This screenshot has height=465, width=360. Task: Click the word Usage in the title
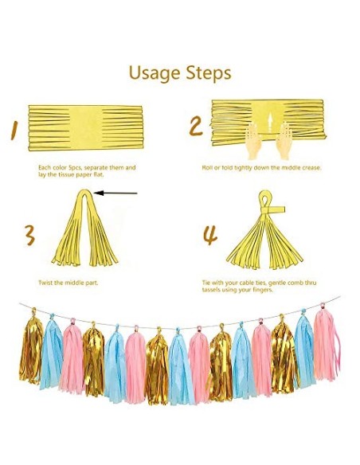(155, 73)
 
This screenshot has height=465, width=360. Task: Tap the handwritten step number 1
(14, 131)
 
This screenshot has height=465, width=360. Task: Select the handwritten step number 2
(196, 127)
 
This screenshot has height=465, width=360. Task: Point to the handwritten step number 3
(29, 235)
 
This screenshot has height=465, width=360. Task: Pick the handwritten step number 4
(210, 235)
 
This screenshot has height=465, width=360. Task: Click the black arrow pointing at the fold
(115, 193)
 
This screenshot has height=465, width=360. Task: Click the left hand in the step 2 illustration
(254, 141)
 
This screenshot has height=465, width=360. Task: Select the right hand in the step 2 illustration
(284, 141)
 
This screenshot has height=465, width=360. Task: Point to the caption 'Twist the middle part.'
(68, 283)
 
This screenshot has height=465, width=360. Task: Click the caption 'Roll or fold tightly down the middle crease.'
(261, 167)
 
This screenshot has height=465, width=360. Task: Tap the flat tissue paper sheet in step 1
(86, 128)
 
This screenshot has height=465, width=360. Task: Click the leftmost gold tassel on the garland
(31, 349)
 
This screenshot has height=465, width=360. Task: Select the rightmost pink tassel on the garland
(327, 344)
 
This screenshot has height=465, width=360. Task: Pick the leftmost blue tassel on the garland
(51, 352)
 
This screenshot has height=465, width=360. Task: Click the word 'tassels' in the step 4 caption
(212, 290)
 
